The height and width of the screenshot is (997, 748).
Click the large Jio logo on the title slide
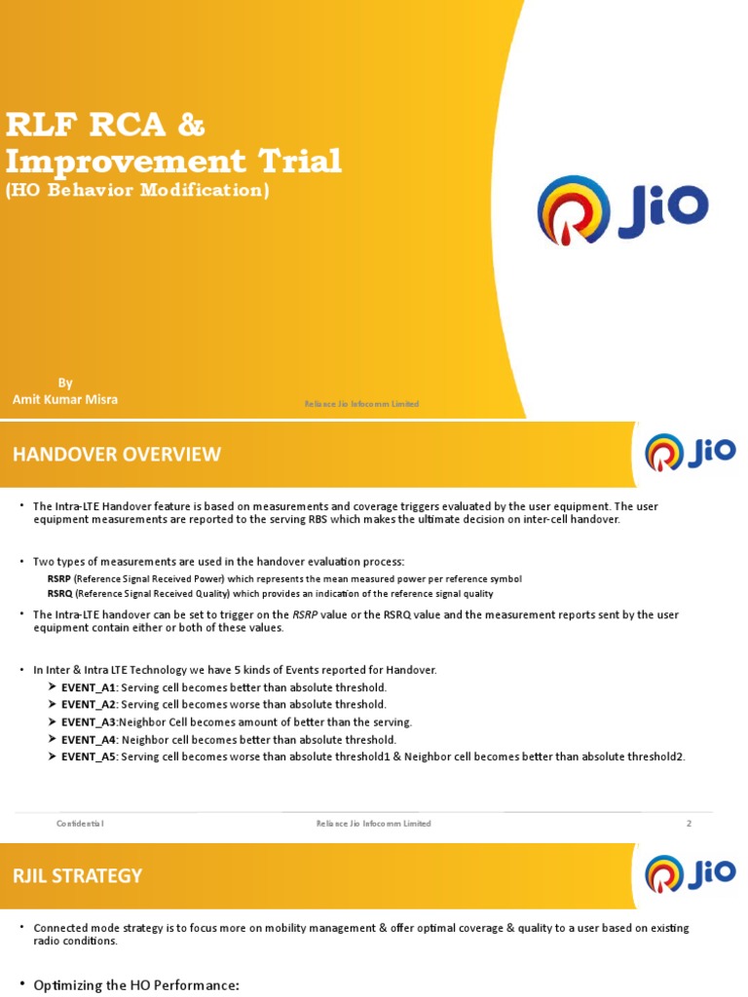(622, 209)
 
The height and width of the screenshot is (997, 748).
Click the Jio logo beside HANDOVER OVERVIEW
(691, 453)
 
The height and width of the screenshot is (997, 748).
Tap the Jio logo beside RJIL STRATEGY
(691, 873)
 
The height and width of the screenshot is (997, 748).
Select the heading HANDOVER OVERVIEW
(116, 454)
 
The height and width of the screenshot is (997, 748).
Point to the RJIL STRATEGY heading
(77, 875)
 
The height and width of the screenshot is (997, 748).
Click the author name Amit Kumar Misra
(65, 399)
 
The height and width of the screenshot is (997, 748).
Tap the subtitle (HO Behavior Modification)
(137, 190)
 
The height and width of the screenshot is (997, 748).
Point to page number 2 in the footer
(689, 824)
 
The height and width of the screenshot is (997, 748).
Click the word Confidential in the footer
(80, 824)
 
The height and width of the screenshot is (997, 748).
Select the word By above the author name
(65, 383)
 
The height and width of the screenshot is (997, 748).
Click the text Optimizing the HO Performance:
(136, 985)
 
